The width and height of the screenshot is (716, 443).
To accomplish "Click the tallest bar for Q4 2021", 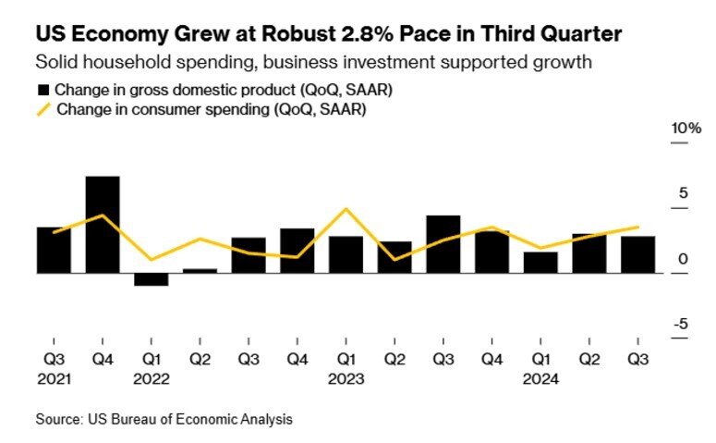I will click(x=103, y=225).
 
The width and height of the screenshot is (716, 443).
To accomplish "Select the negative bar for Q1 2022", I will click(x=151, y=279).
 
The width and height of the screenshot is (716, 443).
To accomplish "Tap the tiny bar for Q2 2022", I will click(x=200, y=271).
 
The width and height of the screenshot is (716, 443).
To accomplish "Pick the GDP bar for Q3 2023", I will click(x=443, y=244).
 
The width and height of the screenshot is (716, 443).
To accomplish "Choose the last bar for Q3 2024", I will click(x=637, y=254).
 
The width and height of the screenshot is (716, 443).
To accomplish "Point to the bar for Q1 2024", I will click(x=540, y=263).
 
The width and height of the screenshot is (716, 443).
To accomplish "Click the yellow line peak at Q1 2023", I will click(x=346, y=209).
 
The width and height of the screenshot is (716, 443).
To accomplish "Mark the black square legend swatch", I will click(x=43, y=91).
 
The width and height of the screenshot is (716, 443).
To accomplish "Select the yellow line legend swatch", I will click(x=43, y=109).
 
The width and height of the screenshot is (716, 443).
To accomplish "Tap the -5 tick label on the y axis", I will click(x=681, y=324).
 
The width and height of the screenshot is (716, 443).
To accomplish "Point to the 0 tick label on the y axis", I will click(x=683, y=259).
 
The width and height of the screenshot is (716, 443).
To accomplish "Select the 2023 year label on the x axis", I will click(x=346, y=379).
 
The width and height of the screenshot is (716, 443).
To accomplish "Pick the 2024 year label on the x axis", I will click(x=540, y=379).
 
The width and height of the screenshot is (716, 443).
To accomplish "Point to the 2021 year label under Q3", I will click(x=54, y=379).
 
